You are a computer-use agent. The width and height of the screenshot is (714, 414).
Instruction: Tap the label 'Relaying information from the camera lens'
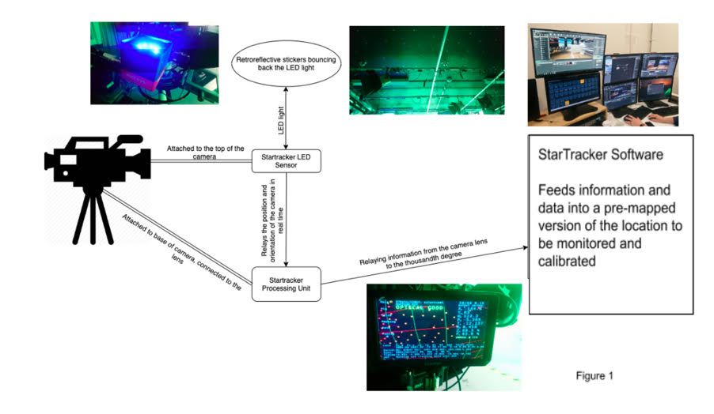[x=423, y=251]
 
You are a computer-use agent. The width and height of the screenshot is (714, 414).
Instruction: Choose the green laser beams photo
[x=426, y=70]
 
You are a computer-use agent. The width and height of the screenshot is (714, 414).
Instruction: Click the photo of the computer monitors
[x=603, y=74]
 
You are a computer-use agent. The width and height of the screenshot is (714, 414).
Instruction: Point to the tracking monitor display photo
[x=443, y=336]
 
